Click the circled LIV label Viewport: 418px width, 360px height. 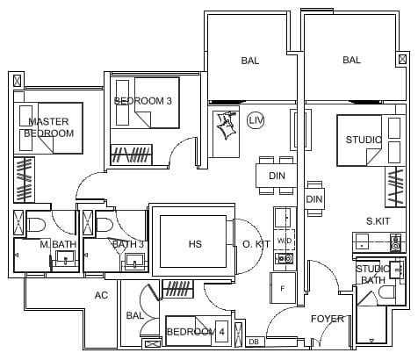point(256,120)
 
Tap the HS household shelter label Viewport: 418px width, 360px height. point(195,244)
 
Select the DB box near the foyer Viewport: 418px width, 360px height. point(255,342)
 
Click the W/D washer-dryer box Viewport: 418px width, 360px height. point(285,241)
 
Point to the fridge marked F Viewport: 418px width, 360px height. point(283,288)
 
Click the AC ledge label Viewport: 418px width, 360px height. point(101,295)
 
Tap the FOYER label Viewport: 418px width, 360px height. point(328,319)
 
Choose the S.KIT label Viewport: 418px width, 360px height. point(378,221)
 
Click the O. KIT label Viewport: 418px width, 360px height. point(256,244)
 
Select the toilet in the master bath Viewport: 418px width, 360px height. point(36,225)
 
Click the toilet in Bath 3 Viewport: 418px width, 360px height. point(104,225)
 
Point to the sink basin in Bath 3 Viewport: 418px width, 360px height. point(134,261)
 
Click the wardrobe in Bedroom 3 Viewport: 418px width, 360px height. point(132,155)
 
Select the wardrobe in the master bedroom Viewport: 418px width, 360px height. point(25,180)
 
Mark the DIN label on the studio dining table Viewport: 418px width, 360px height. point(314,199)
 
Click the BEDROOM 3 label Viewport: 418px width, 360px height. point(143,101)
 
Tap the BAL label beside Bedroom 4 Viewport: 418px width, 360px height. point(135,315)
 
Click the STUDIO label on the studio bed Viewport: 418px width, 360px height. point(364,140)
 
